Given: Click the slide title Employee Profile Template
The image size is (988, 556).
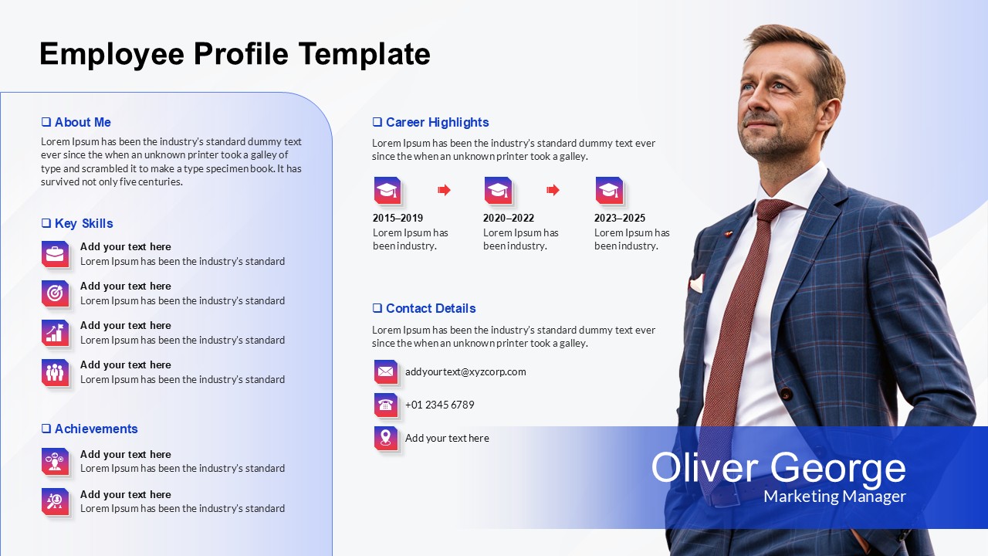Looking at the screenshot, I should pyautogui.click(x=235, y=54).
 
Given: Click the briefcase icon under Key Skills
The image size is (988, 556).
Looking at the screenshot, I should pyautogui.click(x=55, y=254).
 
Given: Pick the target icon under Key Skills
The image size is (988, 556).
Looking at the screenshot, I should pyautogui.click(x=55, y=293).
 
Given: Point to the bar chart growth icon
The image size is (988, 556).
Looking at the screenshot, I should pyautogui.click(x=55, y=333).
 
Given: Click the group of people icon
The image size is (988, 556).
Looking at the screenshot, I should pyautogui.click(x=55, y=372).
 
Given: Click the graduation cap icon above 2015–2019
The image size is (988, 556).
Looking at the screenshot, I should pyautogui.click(x=387, y=190).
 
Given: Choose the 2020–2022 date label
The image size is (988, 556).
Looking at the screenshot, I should pyautogui.click(x=509, y=218).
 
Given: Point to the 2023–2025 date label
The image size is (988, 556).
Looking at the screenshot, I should pyautogui.click(x=620, y=218).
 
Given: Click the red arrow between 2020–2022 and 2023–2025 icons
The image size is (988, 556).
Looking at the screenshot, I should pyautogui.click(x=553, y=190).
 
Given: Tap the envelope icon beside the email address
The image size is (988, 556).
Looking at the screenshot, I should pyautogui.click(x=386, y=371).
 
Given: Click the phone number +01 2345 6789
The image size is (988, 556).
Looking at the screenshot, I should pyautogui.click(x=440, y=405).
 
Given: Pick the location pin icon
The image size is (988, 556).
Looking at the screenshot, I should pyautogui.click(x=386, y=438).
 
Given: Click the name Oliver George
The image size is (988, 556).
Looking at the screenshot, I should pyautogui.click(x=778, y=468).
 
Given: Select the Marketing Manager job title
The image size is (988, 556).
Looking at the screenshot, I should pyautogui.click(x=834, y=497).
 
